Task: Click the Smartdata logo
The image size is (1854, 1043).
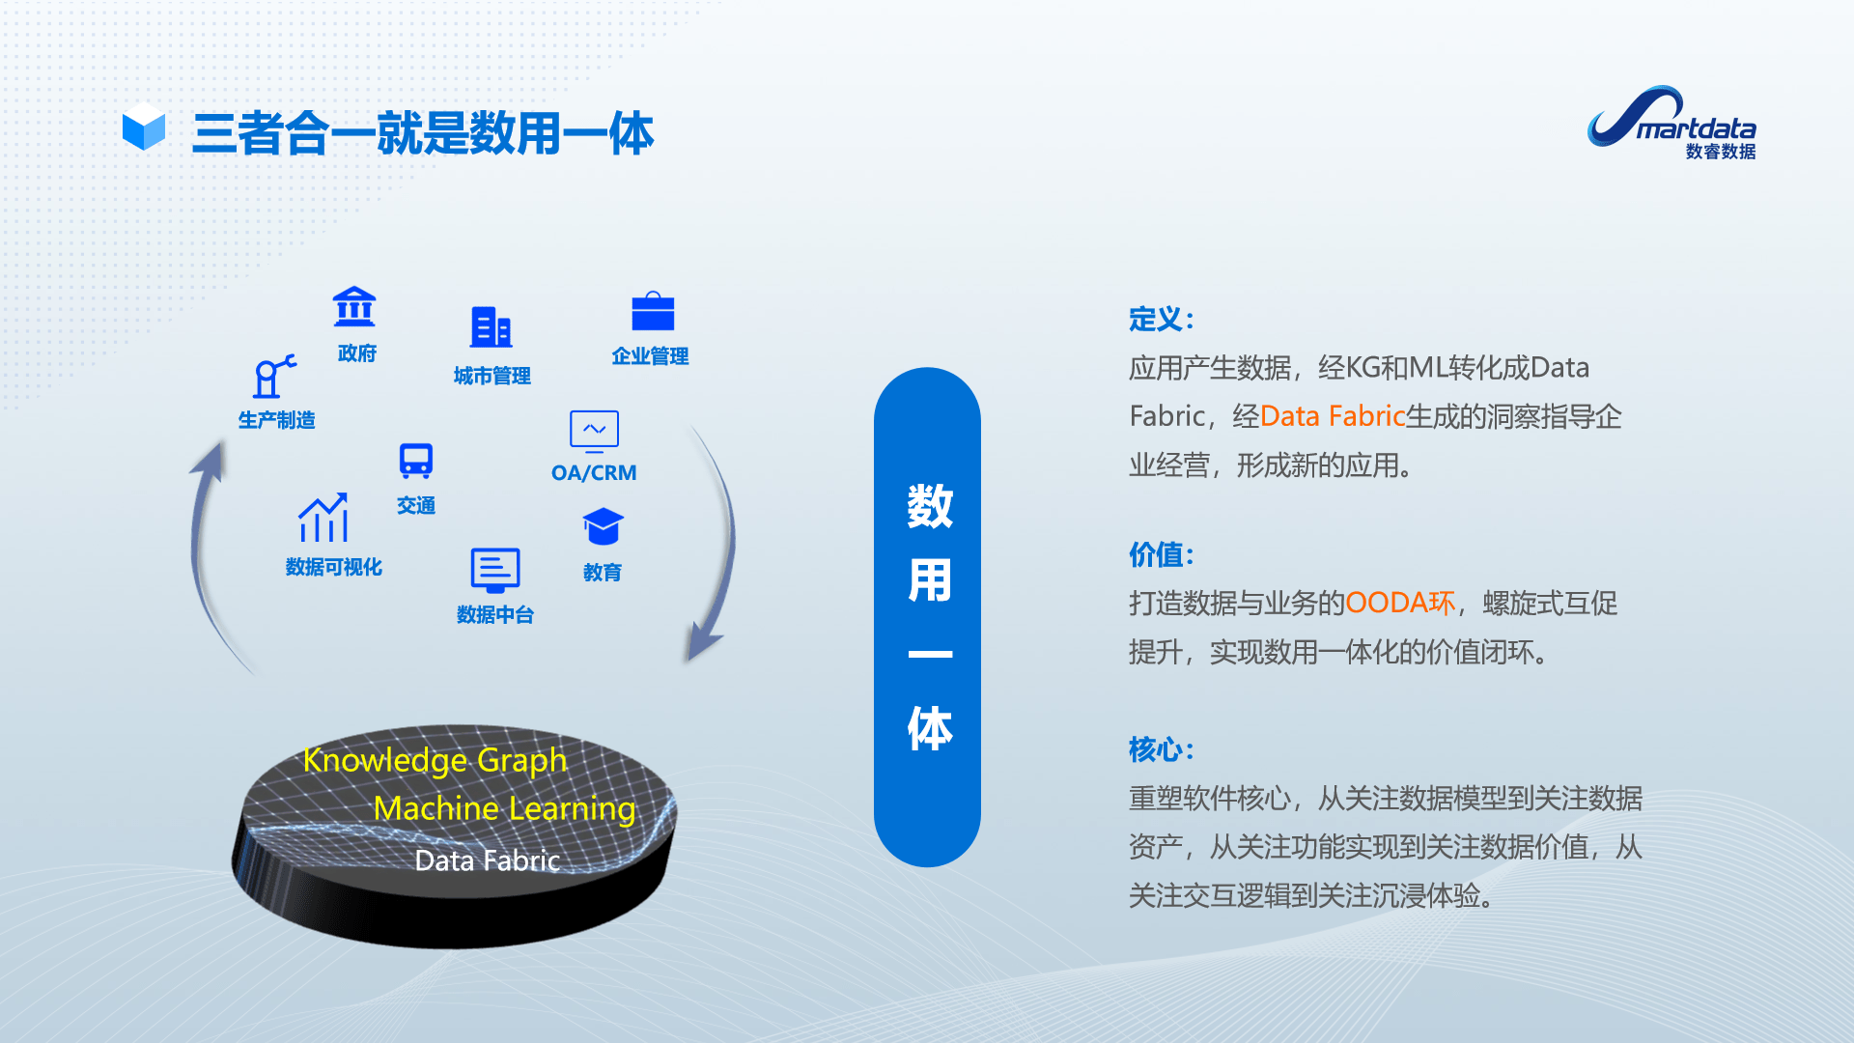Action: [1671, 123]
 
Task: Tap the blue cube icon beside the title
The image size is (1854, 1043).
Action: [144, 127]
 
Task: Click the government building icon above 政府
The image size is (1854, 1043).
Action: [354, 307]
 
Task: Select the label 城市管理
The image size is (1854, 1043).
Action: [492, 376]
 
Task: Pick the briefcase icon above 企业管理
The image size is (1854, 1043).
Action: [653, 312]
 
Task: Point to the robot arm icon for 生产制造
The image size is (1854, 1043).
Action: [274, 377]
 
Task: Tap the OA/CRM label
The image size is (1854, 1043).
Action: [594, 472]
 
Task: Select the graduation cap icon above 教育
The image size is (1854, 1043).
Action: [603, 527]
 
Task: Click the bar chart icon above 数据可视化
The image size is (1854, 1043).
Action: [323, 519]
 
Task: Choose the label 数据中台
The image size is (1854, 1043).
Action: [494, 614]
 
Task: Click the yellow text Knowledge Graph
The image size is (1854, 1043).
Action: [435, 760]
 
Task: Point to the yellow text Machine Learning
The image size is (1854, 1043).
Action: [504, 808]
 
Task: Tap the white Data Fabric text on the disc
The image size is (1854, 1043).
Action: [487, 860]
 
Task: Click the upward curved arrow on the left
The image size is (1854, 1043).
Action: [206, 541]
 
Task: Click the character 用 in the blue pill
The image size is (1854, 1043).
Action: [929, 580]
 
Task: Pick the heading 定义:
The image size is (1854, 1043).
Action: [1162, 319]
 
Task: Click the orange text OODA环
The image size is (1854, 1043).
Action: [1399, 603]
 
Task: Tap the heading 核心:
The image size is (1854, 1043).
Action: [1162, 748]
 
